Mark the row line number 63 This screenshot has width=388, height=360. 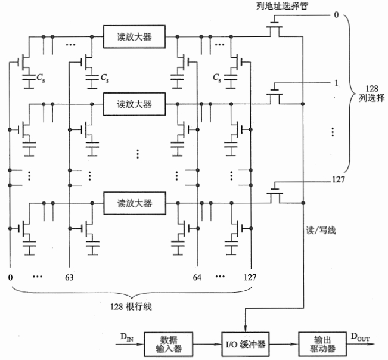(x=70, y=277)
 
